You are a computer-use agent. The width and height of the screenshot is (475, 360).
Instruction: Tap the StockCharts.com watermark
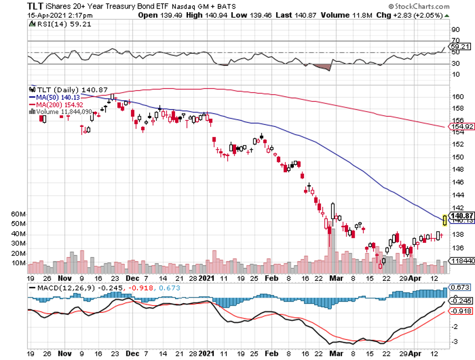[420, 7]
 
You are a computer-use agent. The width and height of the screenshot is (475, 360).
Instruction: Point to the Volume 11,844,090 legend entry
[62, 112]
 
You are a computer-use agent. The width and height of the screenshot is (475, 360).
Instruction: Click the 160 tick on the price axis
[457, 96]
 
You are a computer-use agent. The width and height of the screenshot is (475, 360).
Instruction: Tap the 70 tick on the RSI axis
[455, 40]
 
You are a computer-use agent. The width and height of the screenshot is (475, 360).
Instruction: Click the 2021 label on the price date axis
[207, 278]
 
